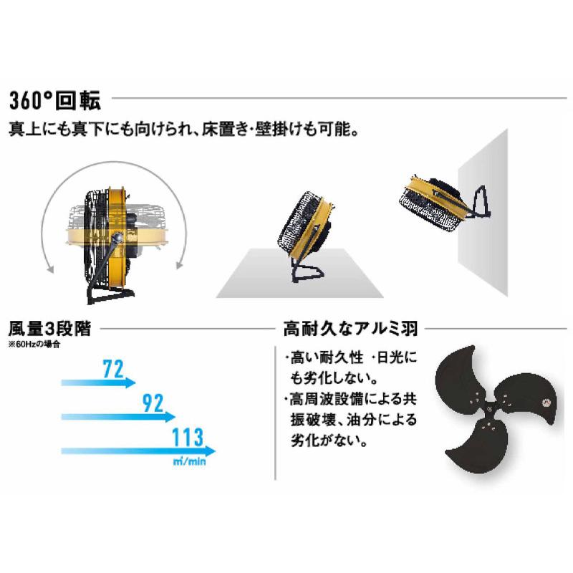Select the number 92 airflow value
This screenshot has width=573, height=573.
click(x=153, y=403)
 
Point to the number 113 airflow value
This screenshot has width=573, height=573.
click(x=188, y=436)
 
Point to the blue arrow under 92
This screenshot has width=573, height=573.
click(x=118, y=416)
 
